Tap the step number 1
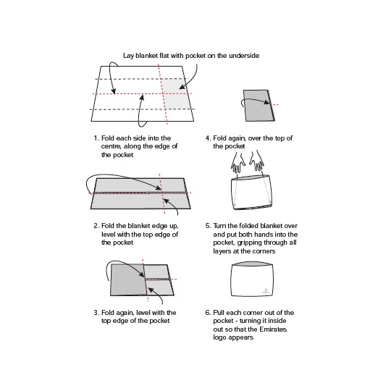click(96, 138)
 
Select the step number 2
click(96, 226)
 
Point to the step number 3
click(96, 313)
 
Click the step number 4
click(208, 138)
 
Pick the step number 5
click(208, 226)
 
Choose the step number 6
click(208, 313)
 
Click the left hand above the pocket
click(238, 163)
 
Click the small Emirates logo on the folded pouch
click(266, 291)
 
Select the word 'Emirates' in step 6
click(273, 329)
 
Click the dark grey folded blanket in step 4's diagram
click(258, 106)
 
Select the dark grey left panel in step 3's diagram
click(128, 279)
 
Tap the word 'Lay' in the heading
click(128, 56)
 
